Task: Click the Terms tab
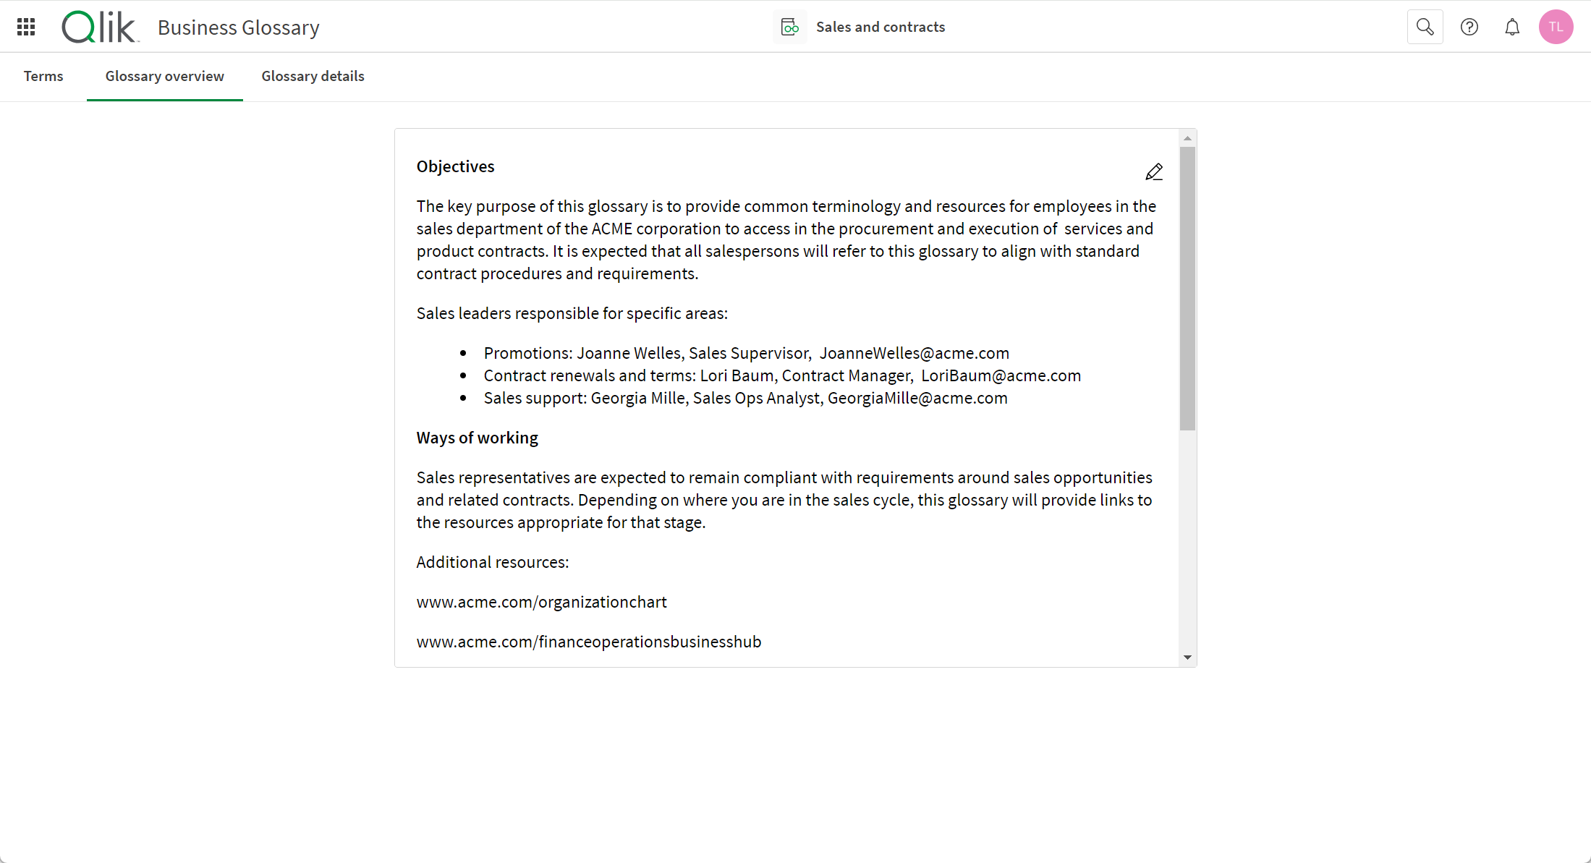43,76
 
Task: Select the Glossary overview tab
164,76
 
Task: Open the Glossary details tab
313,76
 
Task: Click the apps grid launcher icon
26,27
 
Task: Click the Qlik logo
99,27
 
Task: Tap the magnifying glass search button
1425,27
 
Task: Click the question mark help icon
1469,27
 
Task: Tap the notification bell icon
1512,27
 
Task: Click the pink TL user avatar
1556,27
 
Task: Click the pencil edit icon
1154,172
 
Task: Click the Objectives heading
455,166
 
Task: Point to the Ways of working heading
477,438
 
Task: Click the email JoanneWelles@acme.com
914,353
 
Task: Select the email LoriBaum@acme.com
1001,375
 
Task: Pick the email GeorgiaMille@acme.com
917,398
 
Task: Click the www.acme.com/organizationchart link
541,602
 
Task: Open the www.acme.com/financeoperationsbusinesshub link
588,642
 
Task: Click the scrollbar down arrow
1187,658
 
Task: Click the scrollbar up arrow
1187,138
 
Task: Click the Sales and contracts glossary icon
789,27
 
